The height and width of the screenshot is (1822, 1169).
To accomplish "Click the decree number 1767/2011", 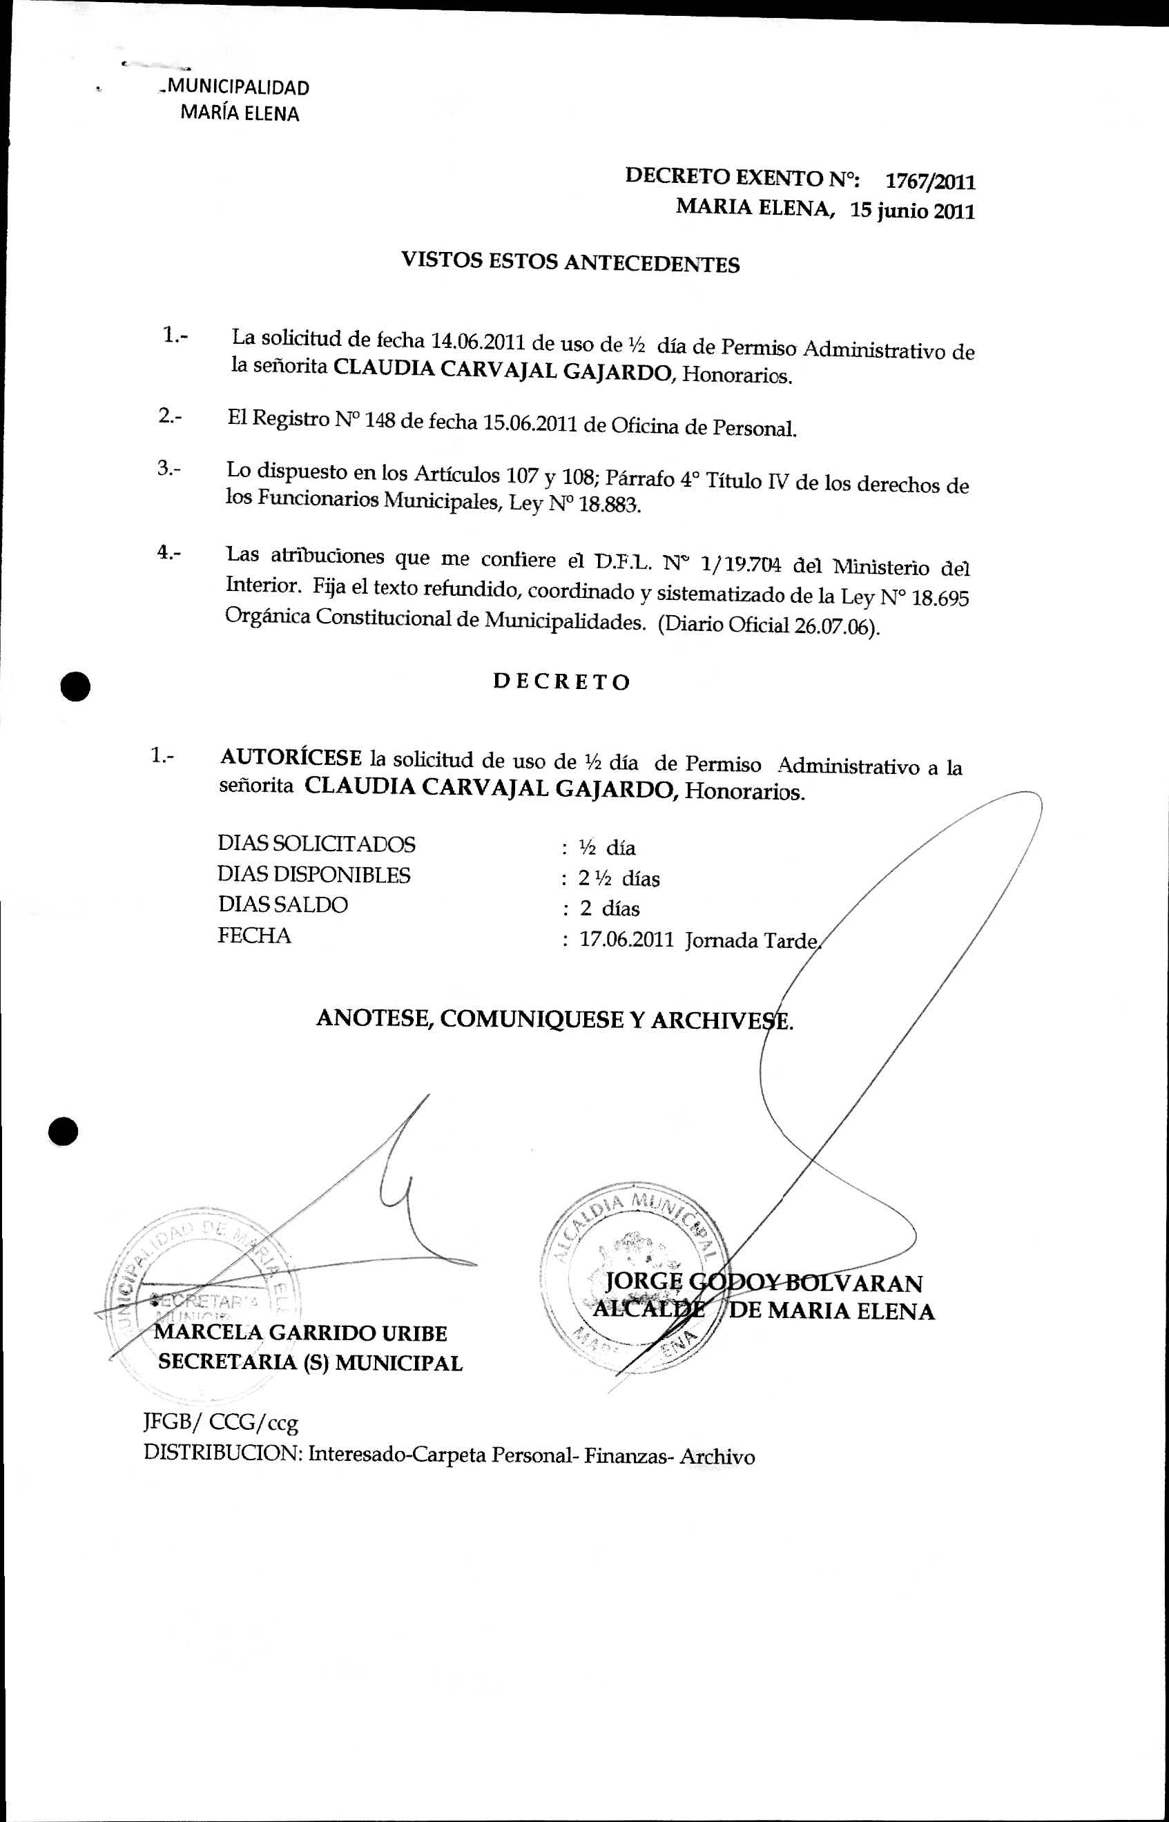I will [x=930, y=182].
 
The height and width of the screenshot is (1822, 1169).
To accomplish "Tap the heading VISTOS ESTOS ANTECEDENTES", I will [x=570, y=262].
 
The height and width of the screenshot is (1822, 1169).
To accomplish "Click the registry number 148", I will [x=379, y=420].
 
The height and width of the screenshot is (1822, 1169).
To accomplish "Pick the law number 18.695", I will [x=940, y=599].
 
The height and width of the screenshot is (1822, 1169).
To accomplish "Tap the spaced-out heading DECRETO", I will [x=561, y=681].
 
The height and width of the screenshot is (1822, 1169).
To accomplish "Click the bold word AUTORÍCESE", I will [x=291, y=757].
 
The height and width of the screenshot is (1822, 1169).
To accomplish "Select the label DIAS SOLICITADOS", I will [x=316, y=844].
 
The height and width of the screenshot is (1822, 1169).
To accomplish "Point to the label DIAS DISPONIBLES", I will [x=313, y=874].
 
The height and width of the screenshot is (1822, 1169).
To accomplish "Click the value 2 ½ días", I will [x=619, y=879].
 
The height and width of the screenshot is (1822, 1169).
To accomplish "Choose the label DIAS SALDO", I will [x=282, y=904].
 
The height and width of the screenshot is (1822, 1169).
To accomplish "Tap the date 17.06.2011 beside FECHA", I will [x=626, y=940].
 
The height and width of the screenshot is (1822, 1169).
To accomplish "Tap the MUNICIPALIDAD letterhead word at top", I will [x=238, y=87].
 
